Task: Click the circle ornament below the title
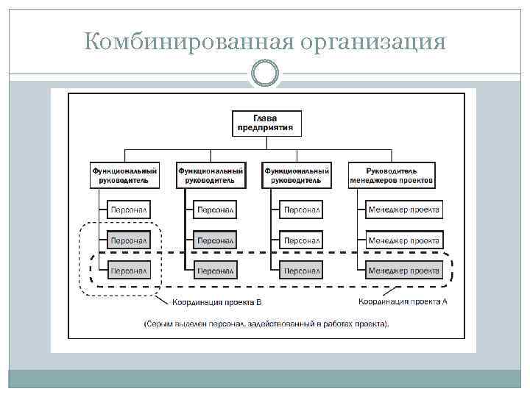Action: click(265, 74)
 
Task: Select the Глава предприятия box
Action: click(266, 123)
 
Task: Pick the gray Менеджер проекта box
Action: click(404, 271)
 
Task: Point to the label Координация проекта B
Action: click(217, 302)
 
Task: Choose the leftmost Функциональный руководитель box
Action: click(124, 175)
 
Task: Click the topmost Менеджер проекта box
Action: click(404, 210)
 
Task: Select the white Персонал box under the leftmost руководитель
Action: click(129, 210)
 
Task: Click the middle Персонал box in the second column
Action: click(216, 240)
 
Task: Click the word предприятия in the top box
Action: click(266, 128)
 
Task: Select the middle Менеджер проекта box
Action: click(404, 240)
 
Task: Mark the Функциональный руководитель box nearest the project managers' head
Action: click(297, 175)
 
